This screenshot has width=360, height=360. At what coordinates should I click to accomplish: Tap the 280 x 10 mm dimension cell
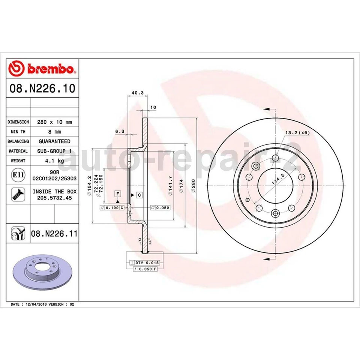(54, 122)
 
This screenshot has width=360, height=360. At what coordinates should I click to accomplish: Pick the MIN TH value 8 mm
(54, 132)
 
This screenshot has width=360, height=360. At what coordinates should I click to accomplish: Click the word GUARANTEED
(54, 141)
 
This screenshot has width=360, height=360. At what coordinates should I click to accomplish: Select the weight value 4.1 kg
(54, 160)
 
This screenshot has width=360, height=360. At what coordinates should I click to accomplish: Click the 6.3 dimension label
(119, 132)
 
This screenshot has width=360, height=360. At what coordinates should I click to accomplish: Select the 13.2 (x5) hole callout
(297, 133)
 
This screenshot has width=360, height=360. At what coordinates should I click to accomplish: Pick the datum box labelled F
(118, 193)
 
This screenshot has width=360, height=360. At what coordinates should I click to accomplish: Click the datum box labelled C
(139, 195)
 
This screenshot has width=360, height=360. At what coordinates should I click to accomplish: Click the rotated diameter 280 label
(192, 186)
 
